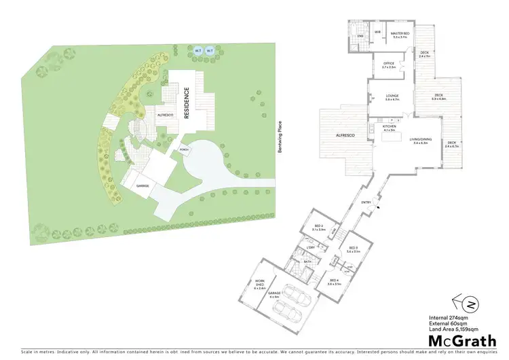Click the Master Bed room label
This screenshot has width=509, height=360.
click(x=400, y=33)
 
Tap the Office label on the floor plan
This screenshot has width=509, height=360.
click(x=389, y=65)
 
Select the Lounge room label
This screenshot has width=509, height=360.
click(x=392, y=96)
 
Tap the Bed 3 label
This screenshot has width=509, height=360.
click(x=352, y=249)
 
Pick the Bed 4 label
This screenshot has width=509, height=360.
click(x=334, y=281)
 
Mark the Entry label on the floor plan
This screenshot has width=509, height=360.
click(x=366, y=202)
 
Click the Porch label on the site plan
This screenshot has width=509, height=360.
click(x=183, y=149)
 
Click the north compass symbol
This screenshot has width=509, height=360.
click(x=459, y=302)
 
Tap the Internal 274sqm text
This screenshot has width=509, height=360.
click(x=448, y=317)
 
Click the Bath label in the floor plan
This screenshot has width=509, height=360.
click(x=307, y=261)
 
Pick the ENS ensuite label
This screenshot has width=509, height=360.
click(x=360, y=35)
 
